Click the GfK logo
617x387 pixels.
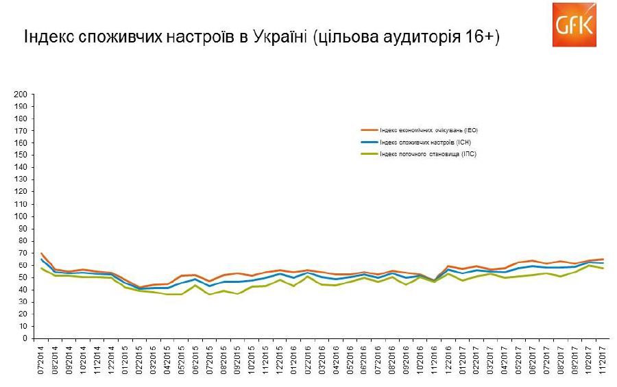pyautogui.click(x=574, y=25)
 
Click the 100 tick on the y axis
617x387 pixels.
pyautogui.click(x=21, y=216)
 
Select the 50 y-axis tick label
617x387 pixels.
pyautogui.click(x=23, y=277)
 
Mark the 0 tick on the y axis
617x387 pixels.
pyautogui.click(x=25, y=338)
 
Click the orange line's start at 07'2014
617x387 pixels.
pyautogui.click(x=42, y=253)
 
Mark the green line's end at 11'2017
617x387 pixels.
pyautogui.click(x=603, y=269)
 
